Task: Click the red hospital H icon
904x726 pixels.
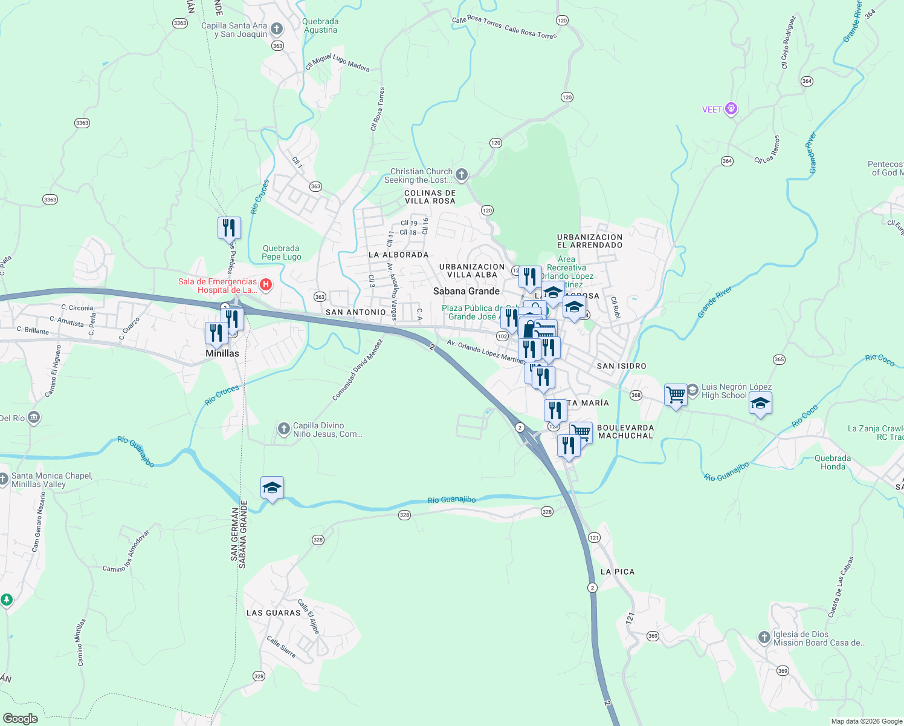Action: [x=265, y=284]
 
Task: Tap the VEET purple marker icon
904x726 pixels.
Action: [x=731, y=109]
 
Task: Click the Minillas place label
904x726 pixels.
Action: [x=222, y=353]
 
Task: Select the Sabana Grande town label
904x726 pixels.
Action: [x=467, y=291]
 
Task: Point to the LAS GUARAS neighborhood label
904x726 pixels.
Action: [x=274, y=613]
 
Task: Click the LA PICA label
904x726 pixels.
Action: [x=618, y=572]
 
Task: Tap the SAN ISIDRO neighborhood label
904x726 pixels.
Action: [x=621, y=366]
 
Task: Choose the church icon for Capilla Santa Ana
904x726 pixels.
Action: [x=277, y=28]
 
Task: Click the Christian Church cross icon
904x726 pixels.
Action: [x=462, y=175]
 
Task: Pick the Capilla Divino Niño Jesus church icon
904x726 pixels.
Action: [x=284, y=429]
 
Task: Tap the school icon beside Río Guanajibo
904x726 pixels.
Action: [x=272, y=488]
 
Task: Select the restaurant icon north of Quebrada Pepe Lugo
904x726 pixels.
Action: [x=229, y=228]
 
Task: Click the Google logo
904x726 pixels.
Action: [x=20, y=719]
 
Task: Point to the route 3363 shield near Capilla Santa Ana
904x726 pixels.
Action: [x=179, y=23]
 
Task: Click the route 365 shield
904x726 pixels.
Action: [x=779, y=359]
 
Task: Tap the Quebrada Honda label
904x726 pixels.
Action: [x=833, y=462]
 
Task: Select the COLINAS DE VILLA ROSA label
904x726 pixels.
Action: [x=430, y=197]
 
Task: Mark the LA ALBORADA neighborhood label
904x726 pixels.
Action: [x=399, y=255]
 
